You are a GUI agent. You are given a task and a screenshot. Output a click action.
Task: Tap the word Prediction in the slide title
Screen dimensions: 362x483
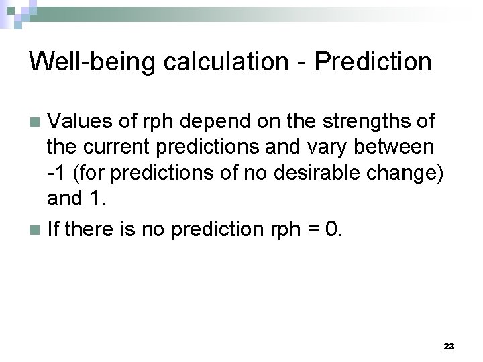(373, 62)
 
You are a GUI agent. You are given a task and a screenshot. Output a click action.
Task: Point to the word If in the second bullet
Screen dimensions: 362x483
(53, 229)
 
